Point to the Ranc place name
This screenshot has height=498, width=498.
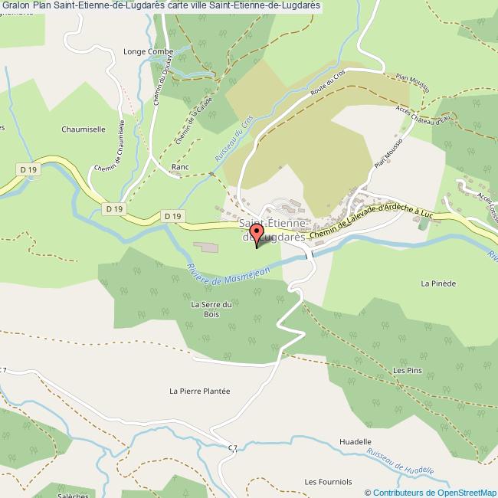point(181,166)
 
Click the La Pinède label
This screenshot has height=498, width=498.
point(438,283)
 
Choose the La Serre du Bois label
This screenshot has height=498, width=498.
point(205,309)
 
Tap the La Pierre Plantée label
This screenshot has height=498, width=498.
point(199,391)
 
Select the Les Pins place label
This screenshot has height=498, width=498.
point(407,371)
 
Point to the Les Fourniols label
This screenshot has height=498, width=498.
point(328,482)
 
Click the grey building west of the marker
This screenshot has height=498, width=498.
point(205,247)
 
